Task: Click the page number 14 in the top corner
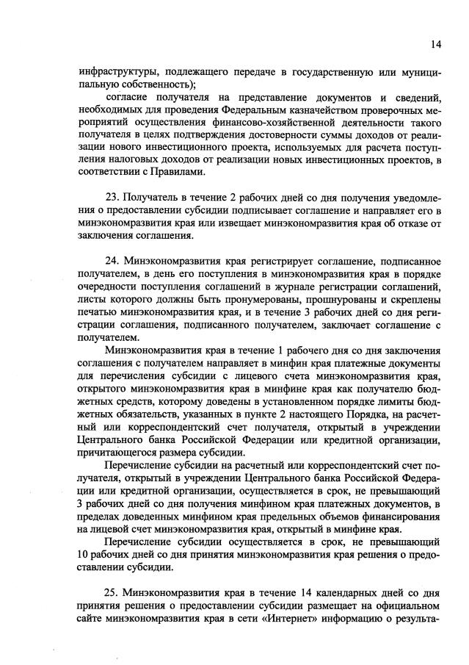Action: (436, 44)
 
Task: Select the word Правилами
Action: (167, 172)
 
